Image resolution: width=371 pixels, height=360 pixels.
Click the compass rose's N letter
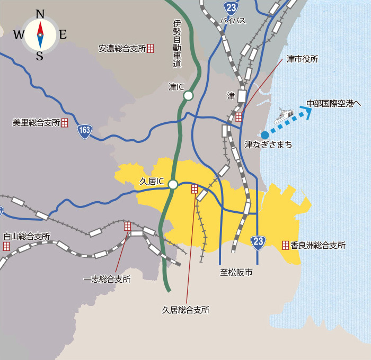(x=40, y=14)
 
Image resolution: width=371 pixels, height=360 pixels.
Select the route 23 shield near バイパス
(x=231, y=7)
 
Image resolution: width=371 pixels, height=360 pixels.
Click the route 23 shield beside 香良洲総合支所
(x=258, y=242)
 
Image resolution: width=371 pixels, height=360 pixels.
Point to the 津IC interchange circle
(x=188, y=96)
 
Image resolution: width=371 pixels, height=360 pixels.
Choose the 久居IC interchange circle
(x=173, y=184)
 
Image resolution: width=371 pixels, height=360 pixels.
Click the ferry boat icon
(x=284, y=116)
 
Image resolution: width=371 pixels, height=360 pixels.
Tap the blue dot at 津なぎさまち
(x=265, y=135)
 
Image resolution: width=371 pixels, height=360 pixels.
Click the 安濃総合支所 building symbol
(x=151, y=48)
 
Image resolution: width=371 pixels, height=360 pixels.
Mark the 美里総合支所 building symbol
(x=65, y=123)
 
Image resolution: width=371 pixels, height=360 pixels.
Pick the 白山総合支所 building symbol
(x=6, y=246)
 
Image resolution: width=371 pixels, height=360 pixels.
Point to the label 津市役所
(x=302, y=59)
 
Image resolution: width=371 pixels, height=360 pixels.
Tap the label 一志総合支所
(x=107, y=279)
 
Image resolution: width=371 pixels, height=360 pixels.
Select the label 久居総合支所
(x=185, y=310)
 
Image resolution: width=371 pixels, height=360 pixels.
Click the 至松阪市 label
(x=236, y=273)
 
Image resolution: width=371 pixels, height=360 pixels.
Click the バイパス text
(x=233, y=21)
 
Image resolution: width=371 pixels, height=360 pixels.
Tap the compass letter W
(x=18, y=35)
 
